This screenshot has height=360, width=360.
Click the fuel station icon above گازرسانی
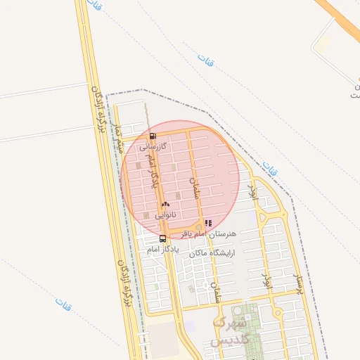153,136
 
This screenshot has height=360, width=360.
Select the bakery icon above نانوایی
165,204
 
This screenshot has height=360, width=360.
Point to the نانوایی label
167,214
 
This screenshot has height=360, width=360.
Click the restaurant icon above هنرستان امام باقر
208,223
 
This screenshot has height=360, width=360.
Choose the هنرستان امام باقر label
210,233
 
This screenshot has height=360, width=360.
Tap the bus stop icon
163,239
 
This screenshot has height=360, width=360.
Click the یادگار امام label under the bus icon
163,249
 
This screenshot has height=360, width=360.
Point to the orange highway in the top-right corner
341,18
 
